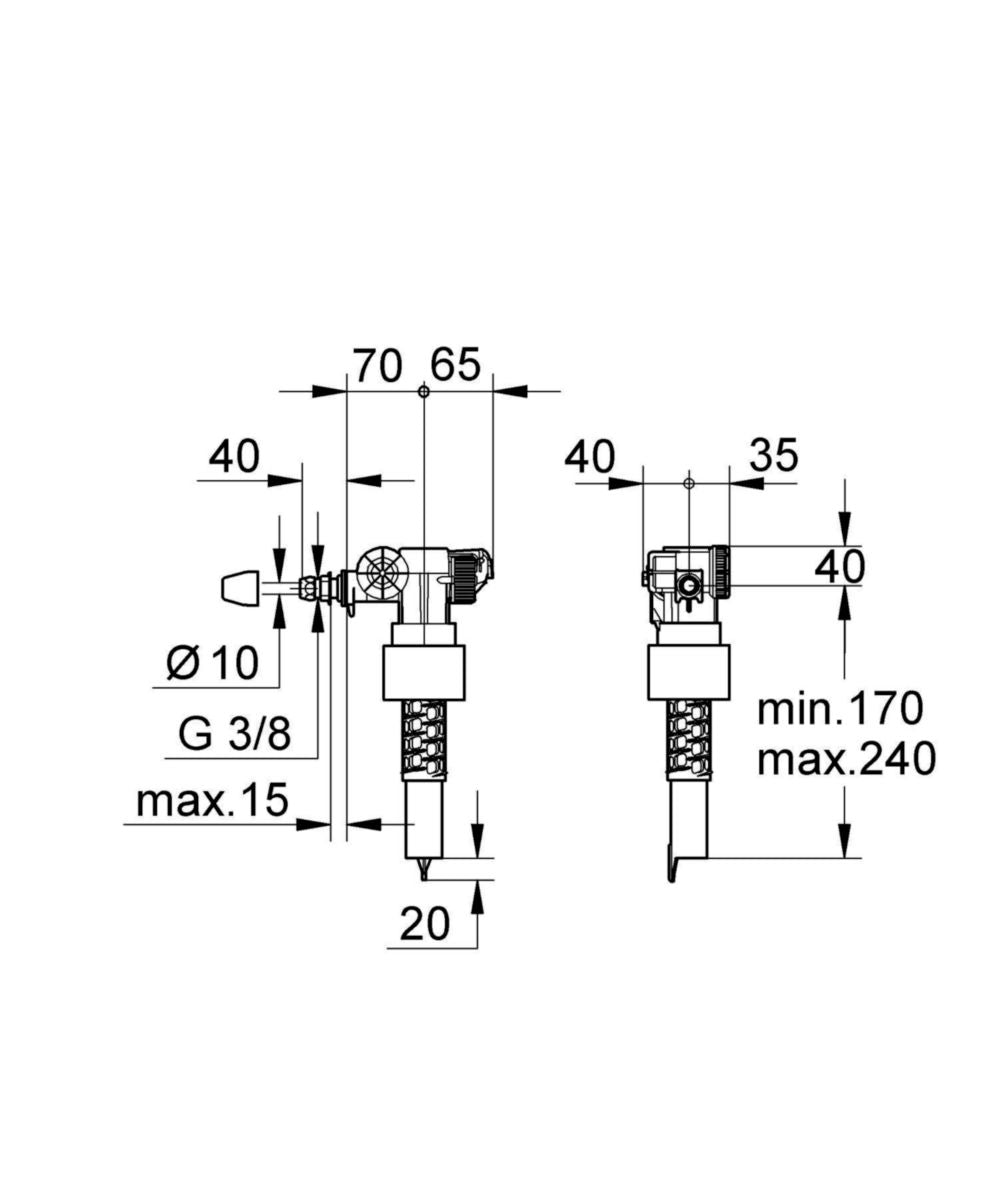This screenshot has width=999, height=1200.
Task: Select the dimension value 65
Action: [x=456, y=365]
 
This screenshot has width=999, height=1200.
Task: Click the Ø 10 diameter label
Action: [x=212, y=662]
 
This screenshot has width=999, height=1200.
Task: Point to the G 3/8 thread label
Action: [x=235, y=735]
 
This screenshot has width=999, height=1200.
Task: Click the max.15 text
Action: [x=212, y=800]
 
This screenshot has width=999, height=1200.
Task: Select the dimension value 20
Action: [x=426, y=924]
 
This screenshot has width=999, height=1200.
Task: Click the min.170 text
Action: [x=838, y=710]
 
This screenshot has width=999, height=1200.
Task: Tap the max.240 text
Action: [x=846, y=760]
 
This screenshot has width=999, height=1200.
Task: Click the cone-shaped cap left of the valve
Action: [x=241, y=589]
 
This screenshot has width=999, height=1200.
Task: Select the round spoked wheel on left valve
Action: [x=381, y=576]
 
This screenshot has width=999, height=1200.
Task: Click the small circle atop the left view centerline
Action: [x=424, y=392]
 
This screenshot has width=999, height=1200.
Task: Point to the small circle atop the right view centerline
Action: [x=688, y=482]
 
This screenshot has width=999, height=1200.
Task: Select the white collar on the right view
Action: [x=686, y=671]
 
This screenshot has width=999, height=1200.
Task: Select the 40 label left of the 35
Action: [x=589, y=457]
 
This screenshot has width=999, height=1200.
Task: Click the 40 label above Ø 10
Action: [x=234, y=456]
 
